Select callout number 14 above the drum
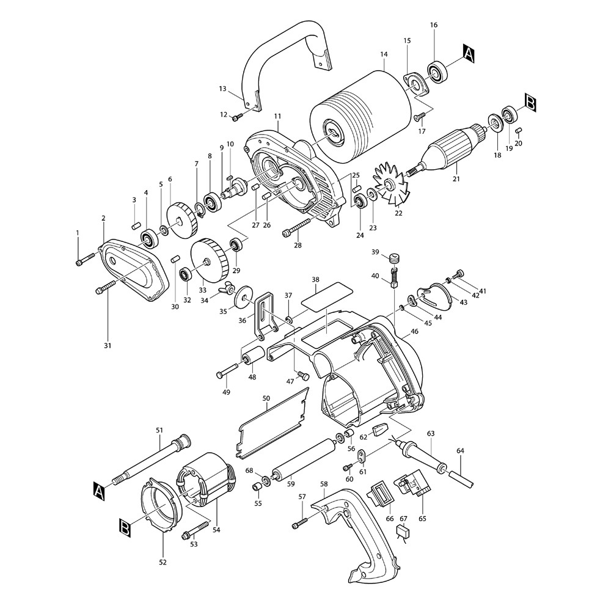(x=384, y=54)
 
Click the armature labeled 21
(x=444, y=150)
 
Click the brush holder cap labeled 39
(x=395, y=258)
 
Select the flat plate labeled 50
(x=273, y=423)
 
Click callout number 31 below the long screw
(x=108, y=345)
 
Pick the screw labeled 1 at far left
(x=86, y=259)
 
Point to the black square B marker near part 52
(x=125, y=528)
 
